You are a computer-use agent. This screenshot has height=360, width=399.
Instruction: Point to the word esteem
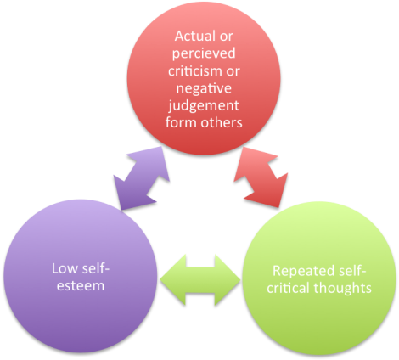(x=77, y=287)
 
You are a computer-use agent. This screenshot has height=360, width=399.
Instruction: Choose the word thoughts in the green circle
(x=341, y=288)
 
